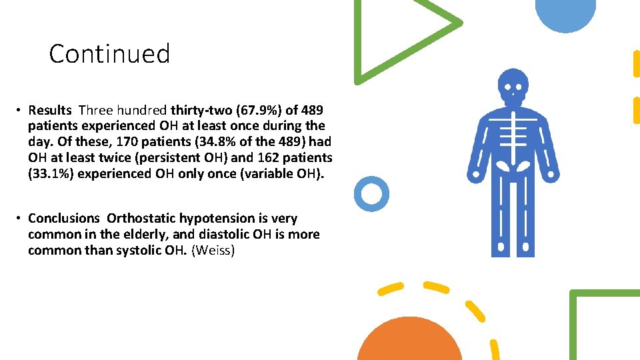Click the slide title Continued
pyautogui.click(x=109, y=53)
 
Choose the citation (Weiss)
pyautogui.click(x=213, y=251)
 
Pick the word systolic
pyautogui.click(x=134, y=251)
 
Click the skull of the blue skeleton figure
pyautogui.click(x=513, y=85)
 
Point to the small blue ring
pyautogui.click(x=371, y=194)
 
